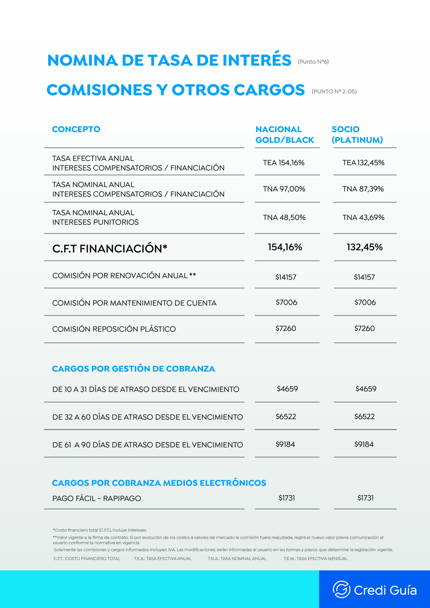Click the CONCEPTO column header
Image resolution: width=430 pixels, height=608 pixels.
click(76, 129)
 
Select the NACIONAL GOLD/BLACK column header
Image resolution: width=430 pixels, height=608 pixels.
click(285, 134)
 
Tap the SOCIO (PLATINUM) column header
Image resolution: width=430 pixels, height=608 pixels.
click(357, 134)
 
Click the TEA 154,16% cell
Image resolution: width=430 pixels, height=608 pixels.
click(283, 163)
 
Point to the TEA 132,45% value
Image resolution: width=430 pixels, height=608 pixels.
click(363, 163)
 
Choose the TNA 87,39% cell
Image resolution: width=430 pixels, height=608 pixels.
click(363, 189)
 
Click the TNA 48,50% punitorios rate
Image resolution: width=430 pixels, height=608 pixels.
click(284, 217)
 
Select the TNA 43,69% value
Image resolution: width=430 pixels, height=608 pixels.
click(363, 217)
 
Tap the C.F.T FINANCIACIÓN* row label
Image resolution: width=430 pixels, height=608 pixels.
click(110, 249)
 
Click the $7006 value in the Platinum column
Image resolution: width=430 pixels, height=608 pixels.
click(365, 302)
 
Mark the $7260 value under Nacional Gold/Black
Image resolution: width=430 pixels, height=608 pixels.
click(286, 328)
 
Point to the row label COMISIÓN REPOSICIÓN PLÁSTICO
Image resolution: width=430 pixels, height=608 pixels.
click(114, 329)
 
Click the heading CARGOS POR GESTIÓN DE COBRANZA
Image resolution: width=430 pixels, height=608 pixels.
click(134, 369)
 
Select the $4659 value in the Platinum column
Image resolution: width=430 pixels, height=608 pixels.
click(366, 389)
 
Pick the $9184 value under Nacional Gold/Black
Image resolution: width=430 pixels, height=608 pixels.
click(285, 444)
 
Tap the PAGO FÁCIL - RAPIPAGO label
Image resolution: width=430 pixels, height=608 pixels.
click(97, 498)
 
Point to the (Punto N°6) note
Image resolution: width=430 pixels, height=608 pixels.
click(313, 62)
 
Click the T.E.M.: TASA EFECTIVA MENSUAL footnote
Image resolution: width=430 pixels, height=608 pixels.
click(315, 558)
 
